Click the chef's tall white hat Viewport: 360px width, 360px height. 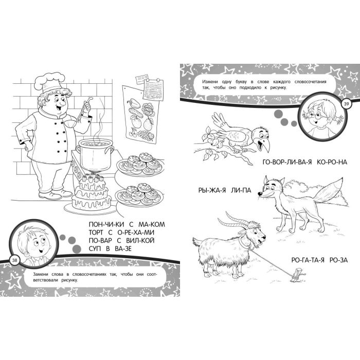tap(49, 82)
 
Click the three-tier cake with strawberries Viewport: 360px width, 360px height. tap(91, 193)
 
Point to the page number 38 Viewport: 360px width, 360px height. tap(15, 260)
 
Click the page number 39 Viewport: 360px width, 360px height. tap(346, 104)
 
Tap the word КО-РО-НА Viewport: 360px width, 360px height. tap(332, 162)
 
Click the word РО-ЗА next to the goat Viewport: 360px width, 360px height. tap(338, 260)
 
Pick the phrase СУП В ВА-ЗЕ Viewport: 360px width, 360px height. tap(110, 248)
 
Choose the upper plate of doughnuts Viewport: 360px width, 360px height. tap(140, 164)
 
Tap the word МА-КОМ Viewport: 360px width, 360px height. tap(152, 224)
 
